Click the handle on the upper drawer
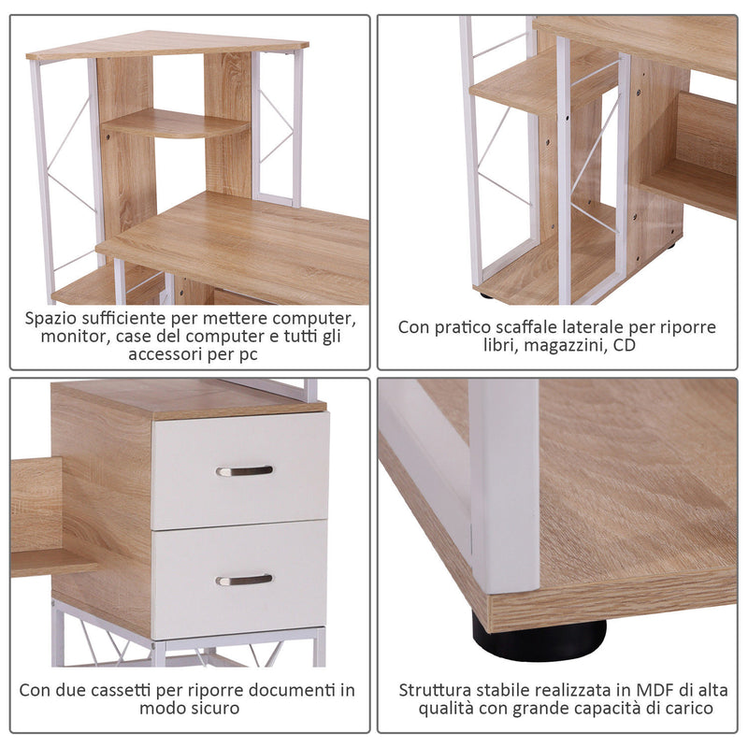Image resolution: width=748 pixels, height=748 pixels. pyautogui.click(x=245, y=470)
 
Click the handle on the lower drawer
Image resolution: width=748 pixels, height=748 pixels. pyautogui.click(x=245, y=580)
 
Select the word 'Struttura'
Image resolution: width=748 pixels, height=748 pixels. pyautogui.click(x=435, y=690)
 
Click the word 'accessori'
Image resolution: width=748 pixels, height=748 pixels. pyautogui.click(x=164, y=355)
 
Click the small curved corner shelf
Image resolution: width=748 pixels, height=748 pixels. pyautogui.click(x=174, y=124)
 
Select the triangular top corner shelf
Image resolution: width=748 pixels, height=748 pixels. pyautogui.click(x=168, y=45)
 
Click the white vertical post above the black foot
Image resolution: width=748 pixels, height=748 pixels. pyautogui.click(x=505, y=486)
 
